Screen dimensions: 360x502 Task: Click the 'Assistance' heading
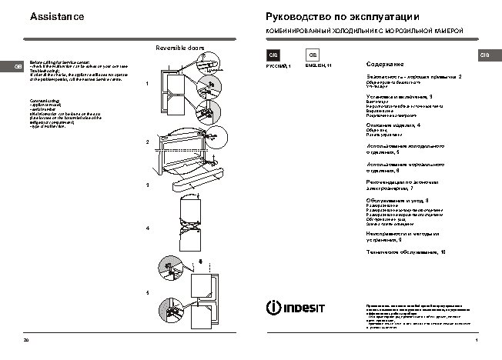pyautogui.click(x=57, y=16)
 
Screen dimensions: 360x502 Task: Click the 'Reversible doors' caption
pyautogui.click(x=180, y=48)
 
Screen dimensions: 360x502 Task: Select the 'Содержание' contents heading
pyautogui.click(x=385, y=64)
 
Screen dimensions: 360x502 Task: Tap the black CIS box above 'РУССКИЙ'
pyautogui.click(x=273, y=55)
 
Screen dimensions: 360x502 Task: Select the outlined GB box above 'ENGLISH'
pyautogui.click(x=313, y=55)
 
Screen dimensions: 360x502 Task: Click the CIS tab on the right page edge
pyautogui.click(x=485, y=55)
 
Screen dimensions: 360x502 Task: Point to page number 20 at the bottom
pyautogui.click(x=26, y=339)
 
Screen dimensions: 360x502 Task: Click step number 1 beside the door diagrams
pyautogui.click(x=147, y=83)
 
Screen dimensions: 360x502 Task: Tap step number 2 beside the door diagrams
pyautogui.click(x=147, y=142)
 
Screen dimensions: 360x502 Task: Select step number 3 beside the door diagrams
pyautogui.click(x=147, y=185)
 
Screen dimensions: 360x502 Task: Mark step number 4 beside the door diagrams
pyautogui.click(x=147, y=229)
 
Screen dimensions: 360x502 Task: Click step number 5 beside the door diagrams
pyautogui.click(x=147, y=293)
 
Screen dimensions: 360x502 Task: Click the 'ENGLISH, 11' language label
pyautogui.click(x=319, y=68)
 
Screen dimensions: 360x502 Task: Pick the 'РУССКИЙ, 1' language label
pyautogui.click(x=279, y=68)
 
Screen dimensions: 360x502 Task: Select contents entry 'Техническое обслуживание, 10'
pyautogui.click(x=406, y=252)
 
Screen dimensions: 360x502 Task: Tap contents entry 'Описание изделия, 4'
pyautogui.click(x=393, y=125)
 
